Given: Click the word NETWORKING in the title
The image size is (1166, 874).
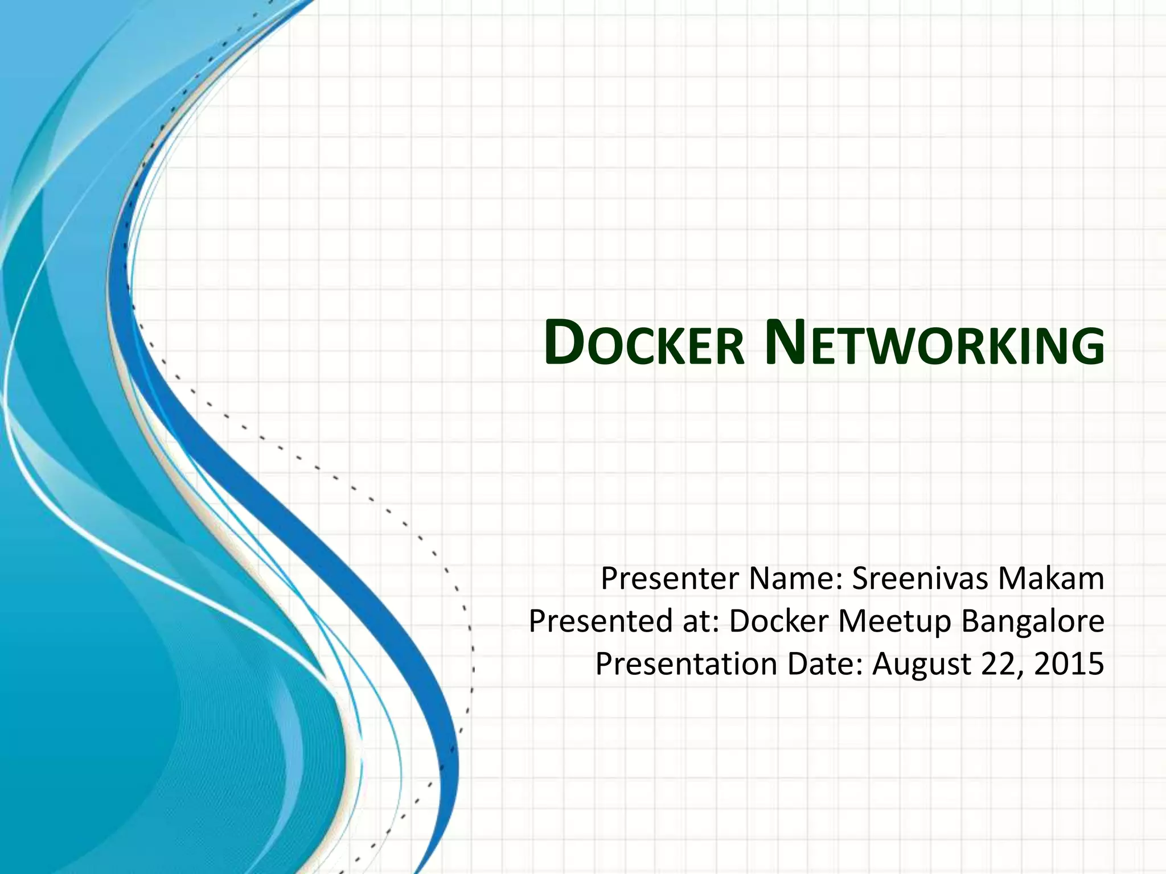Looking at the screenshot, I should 934,343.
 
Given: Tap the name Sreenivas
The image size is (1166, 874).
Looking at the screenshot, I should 919,579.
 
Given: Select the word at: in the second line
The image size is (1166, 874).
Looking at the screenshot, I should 700,621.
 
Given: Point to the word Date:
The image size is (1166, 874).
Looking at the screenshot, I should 826,664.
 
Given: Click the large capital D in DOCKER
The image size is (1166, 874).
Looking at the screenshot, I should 564,342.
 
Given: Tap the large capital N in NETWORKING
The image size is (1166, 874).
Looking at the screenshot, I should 785,342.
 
